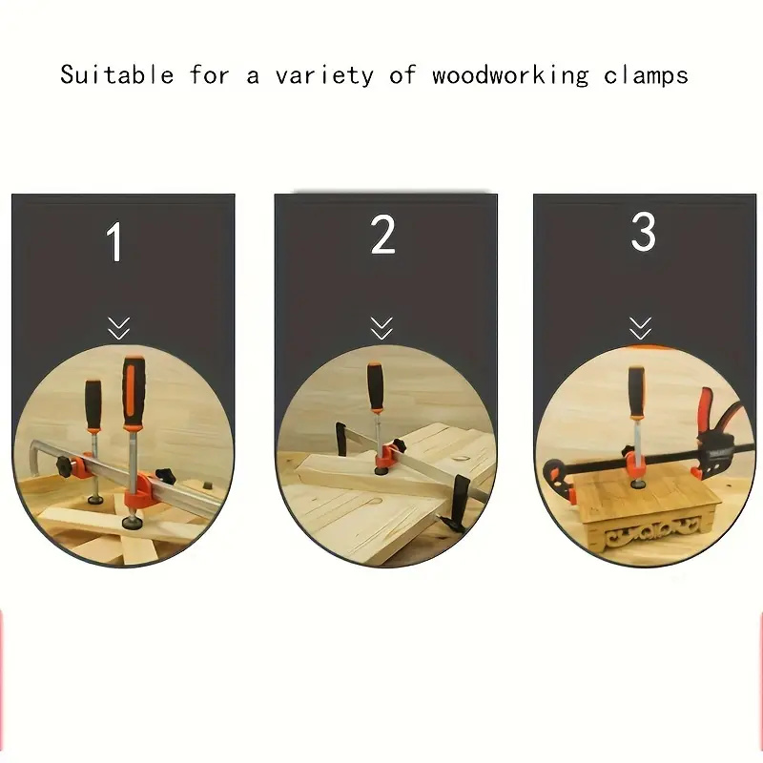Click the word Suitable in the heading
pyautogui.click(x=116, y=75)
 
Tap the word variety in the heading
pyautogui.click(x=324, y=76)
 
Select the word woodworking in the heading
pyautogui.click(x=510, y=76)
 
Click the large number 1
pyautogui.click(x=114, y=242)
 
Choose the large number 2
pyautogui.click(x=382, y=235)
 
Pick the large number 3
pyautogui.click(x=643, y=232)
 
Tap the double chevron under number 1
pyautogui.click(x=118, y=328)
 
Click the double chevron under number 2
pyautogui.click(x=381, y=328)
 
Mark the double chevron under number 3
pyautogui.click(x=640, y=328)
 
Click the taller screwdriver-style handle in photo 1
pyautogui.click(x=134, y=392)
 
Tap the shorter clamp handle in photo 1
pyautogui.click(x=93, y=404)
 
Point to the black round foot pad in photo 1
pyautogui.click(x=132, y=523)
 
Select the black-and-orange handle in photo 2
pyautogui.click(x=375, y=387)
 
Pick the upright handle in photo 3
pyautogui.click(x=636, y=392)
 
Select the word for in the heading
pyautogui.click(x=210, y=75)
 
